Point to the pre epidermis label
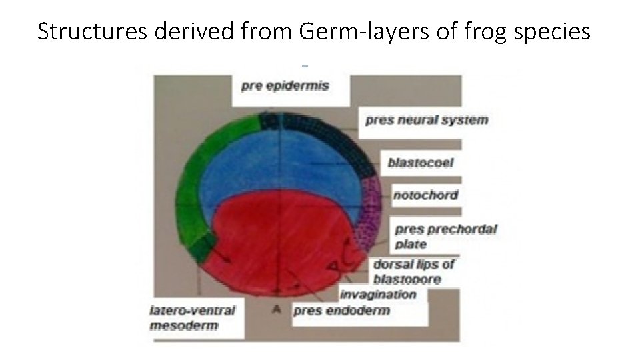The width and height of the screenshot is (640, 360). tap(285, 86)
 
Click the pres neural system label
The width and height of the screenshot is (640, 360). tap(427, 121)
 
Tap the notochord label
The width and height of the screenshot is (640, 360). tap(425, 195)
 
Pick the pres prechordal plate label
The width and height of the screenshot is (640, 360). tap(446, 236)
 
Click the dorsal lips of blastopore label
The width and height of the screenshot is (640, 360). tap(414, 271)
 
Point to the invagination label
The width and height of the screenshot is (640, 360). tap(377, 294)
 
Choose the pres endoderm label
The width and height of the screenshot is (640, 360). tap(341, 310)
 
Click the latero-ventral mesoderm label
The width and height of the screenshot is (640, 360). tap(192, 317)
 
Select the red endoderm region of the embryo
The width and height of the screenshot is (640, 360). tap(280, 240)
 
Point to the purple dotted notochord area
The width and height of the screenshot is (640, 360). tap(368, 213)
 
